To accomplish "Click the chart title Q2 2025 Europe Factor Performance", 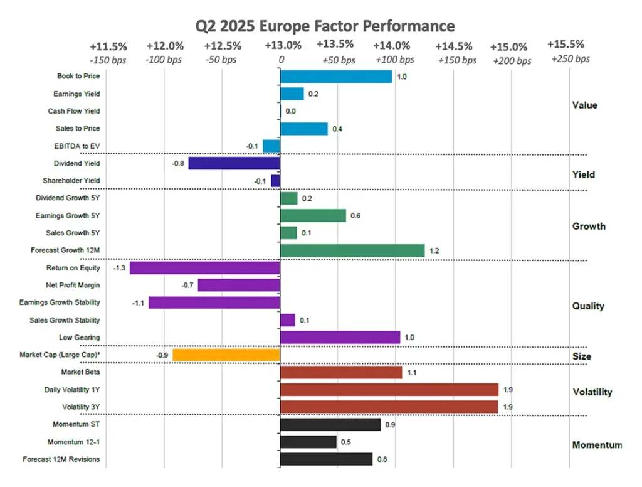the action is (x=325, y=26).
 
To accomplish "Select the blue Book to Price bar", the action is (x=336, y=77).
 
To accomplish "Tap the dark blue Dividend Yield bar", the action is (x=234, y=164).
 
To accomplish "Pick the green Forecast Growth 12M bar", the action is (x=352, y=250).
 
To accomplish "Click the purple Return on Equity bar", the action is (x=205, y=268).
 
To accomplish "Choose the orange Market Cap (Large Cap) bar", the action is (x=226, y=355).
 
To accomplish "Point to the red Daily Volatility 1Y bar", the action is (x=389, y=390).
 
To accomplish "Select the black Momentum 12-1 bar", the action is (x=308, y=442).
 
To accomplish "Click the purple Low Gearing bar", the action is (x=340, y=338).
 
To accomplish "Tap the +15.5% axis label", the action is (x=566, y=45).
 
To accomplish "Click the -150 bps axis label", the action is (x=108, y=60).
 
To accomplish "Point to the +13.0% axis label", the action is (x=283, y=45).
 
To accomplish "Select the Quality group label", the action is (x=588, y=306).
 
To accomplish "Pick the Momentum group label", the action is (x=597, y=445).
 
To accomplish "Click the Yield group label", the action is (x=584, y=174).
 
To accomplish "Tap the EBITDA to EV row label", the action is (x=77, y=146).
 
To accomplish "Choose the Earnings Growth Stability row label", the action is (x=60, y=302).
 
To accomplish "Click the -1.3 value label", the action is (x=119, y=268).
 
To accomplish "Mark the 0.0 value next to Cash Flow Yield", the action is (x=291, y=111).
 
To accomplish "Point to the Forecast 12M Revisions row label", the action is (x=61, y=459).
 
